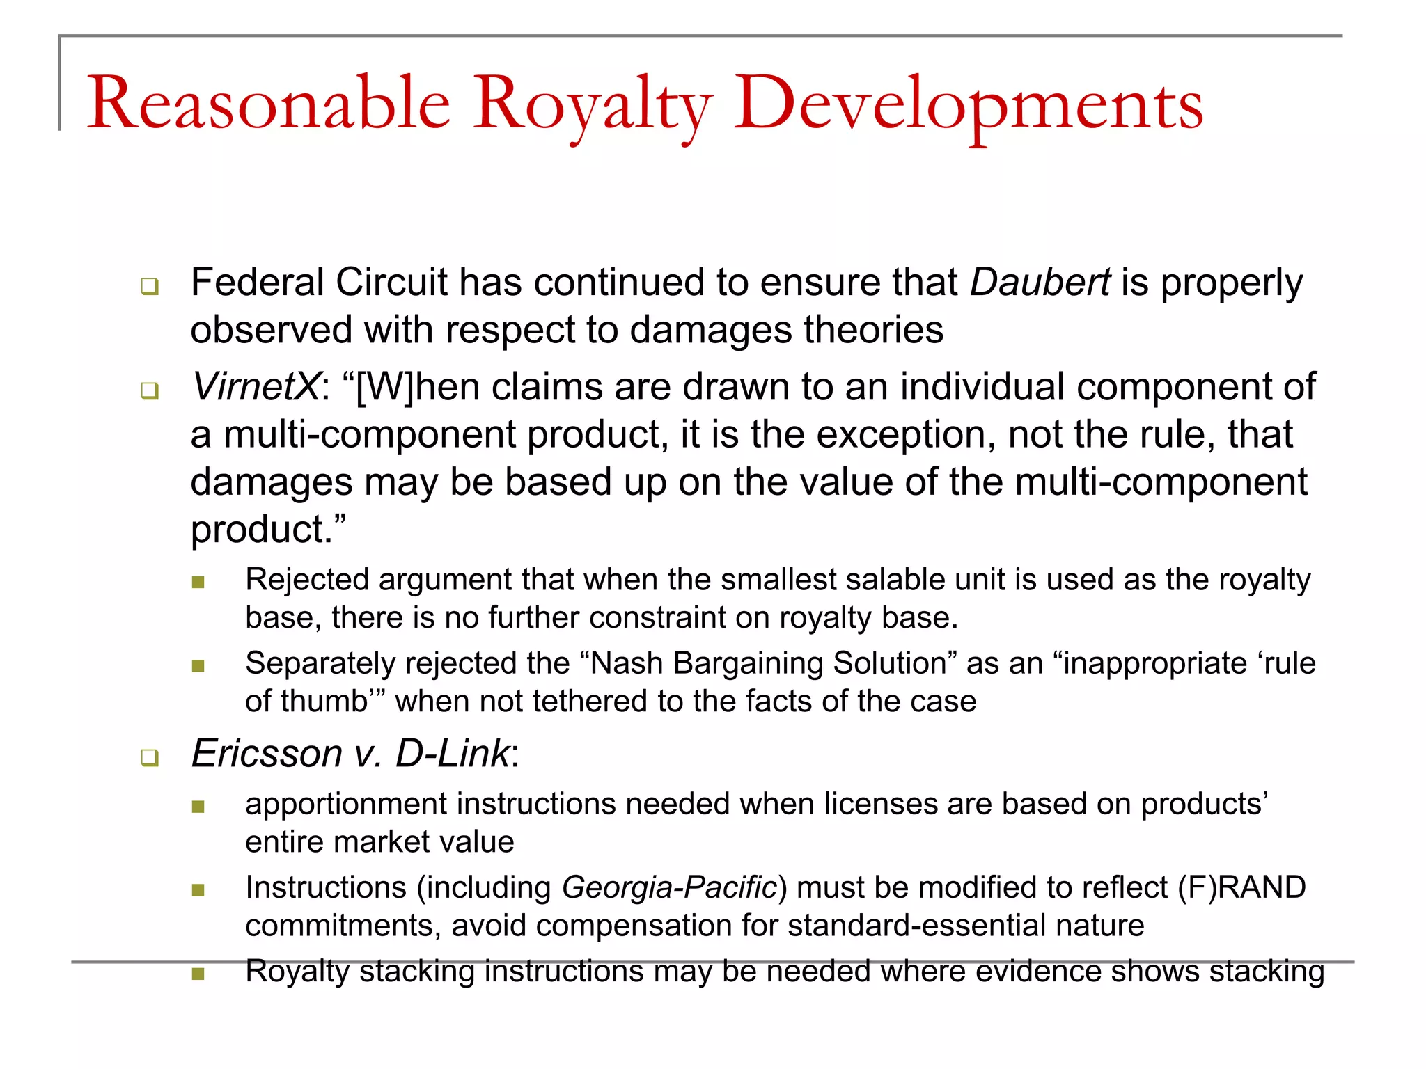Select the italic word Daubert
pyautogui.click(x=1040, y=283)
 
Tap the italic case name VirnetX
pyautogui.click(x=256, y=387)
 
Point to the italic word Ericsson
pyautogui.click(x=267, y=754)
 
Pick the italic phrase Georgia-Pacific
pyautogui.click(x=669, y=887)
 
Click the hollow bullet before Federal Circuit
pyautogui.click(x=150, y=286)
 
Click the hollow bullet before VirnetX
pyautogui.click(x=150, y=390)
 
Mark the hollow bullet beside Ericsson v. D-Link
pyautogui.click(x=150, y=757)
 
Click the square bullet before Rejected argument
pyautogui.click(x=198, y=582)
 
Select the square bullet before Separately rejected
pyautogui.click(x=198, y=666)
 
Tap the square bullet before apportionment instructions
pyautogui.click(x=198, y=807)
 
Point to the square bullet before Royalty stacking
pyautogui.click(x=198, y=974)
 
